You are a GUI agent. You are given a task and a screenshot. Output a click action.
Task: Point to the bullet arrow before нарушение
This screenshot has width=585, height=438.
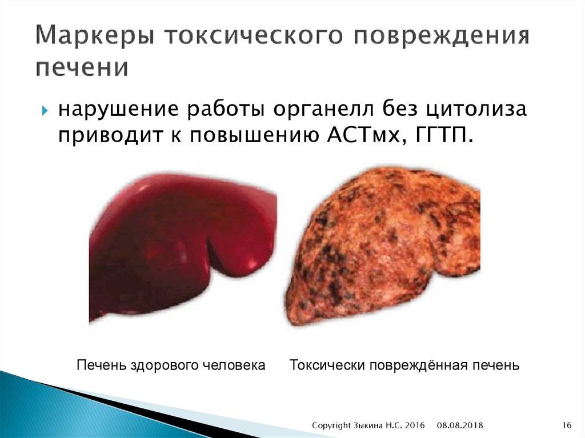click(45, 110)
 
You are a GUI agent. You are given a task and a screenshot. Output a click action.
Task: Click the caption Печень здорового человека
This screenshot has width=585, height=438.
click(171, 365)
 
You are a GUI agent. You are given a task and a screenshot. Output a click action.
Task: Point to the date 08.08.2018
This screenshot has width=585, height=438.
click(460, 425)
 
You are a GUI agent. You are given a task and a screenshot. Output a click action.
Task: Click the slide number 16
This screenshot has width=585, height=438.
click(567, 425)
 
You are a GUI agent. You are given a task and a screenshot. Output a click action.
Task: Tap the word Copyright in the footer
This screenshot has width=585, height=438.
click(332, 425)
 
